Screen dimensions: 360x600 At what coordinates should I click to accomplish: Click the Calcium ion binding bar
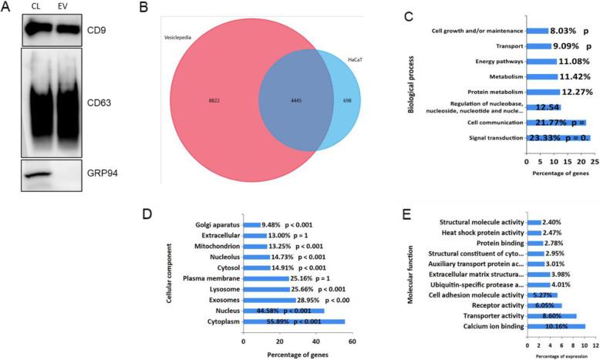tap(554, 326)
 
